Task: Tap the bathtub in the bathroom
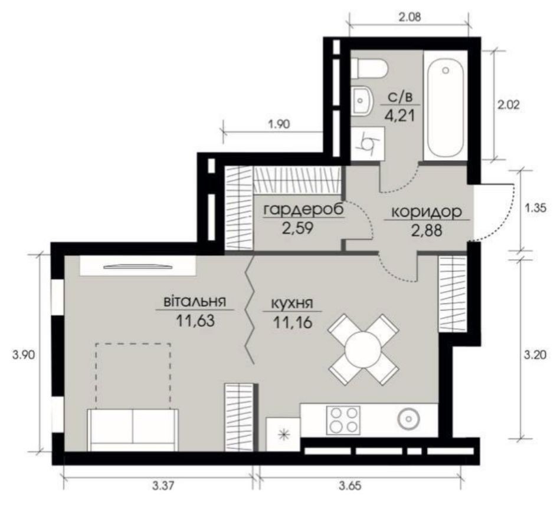(x=445, y=106)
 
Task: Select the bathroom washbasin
(x=362, y=101)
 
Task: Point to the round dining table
(x=363, y=349)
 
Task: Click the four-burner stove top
(x=343, y=420)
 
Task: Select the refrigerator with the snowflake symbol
(x=283, y=434)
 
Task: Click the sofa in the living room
(x=133, y=430)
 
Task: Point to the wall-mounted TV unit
(x=138, y=265)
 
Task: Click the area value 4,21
(x=400, y=116)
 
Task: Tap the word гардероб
(x=304, y=210)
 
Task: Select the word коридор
(x=427, y=212)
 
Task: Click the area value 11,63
(x=195, y=321)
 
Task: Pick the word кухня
(x=291, y=304)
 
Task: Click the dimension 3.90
(x=24, y=355)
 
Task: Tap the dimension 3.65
(x=350, y=485)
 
